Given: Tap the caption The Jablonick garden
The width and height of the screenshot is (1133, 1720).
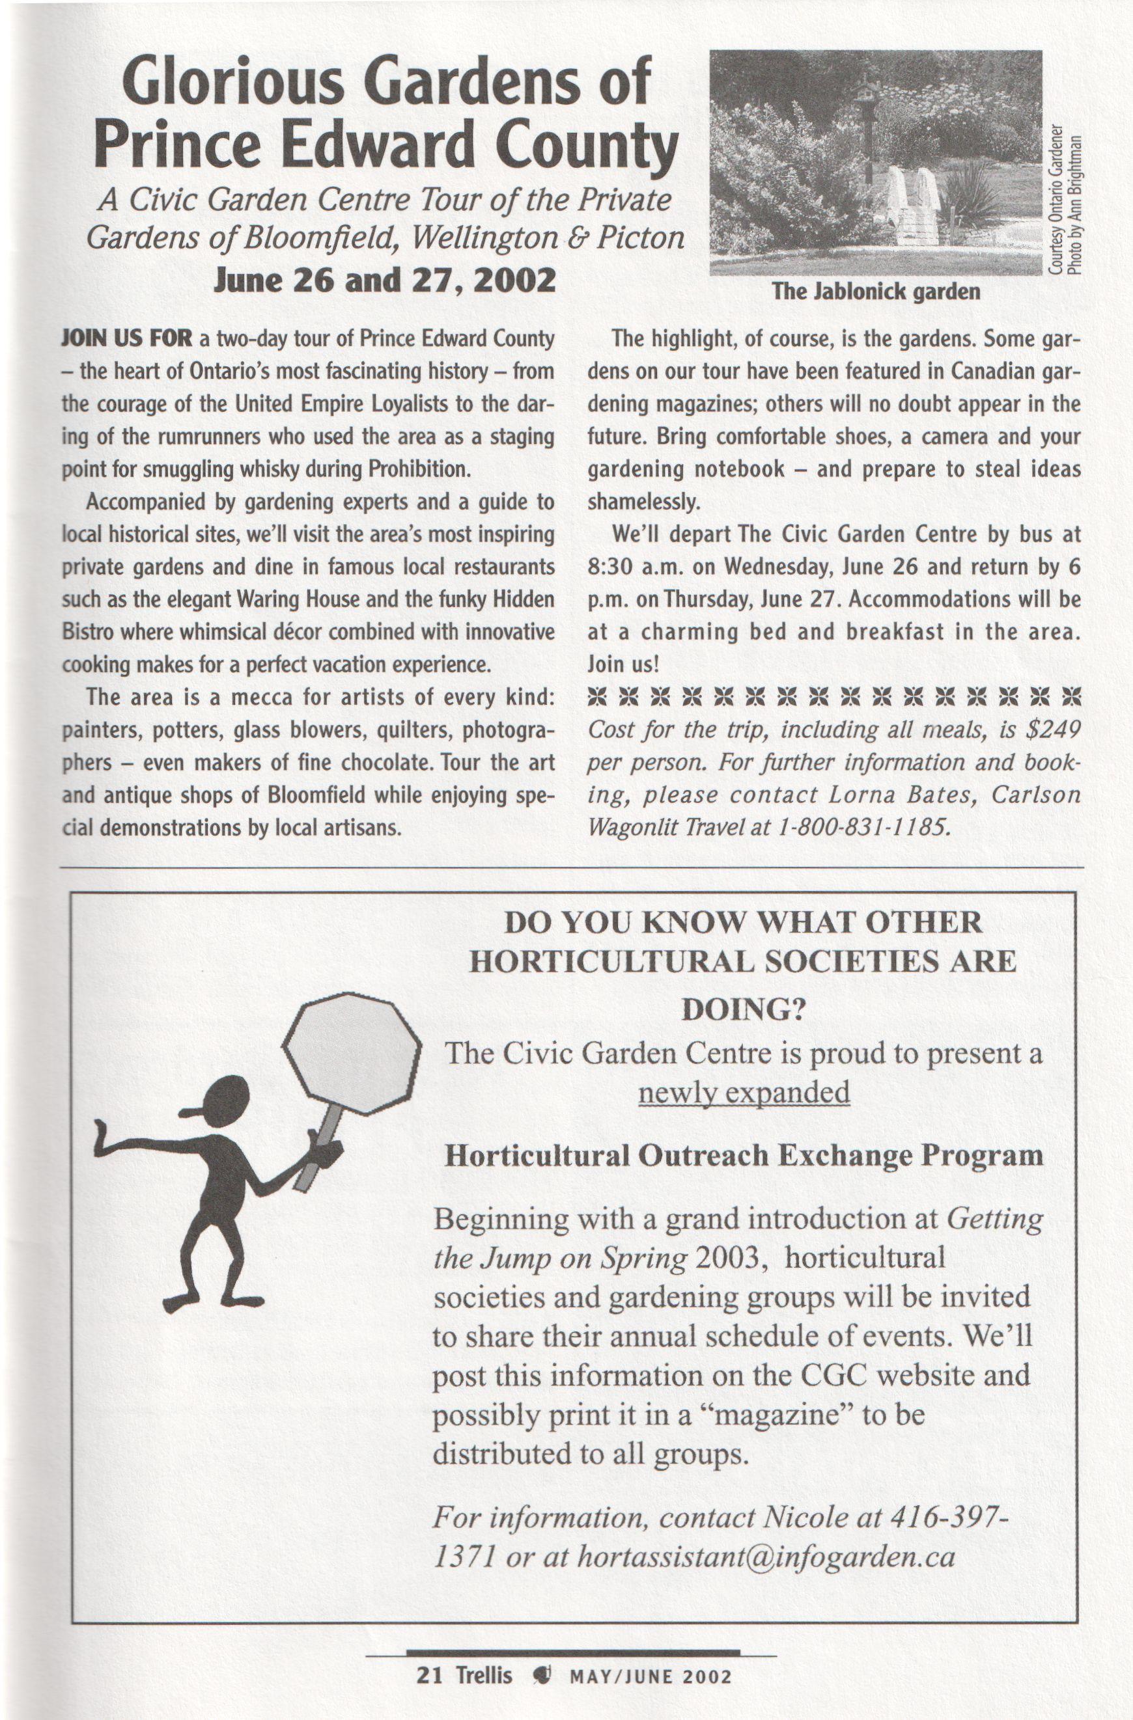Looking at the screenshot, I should pos(876,292).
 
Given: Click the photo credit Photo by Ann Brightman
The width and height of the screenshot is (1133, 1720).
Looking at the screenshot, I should pos(1076,206).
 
